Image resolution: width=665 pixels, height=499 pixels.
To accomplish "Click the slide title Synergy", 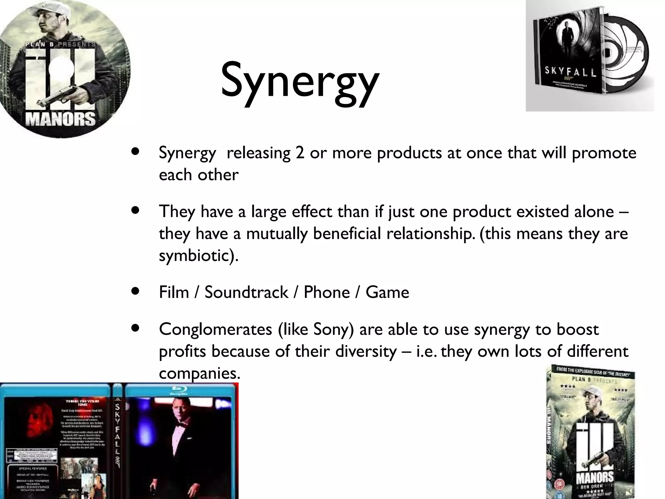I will click(299, 81).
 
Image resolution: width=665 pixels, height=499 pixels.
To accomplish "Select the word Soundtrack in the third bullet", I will click(246, 292).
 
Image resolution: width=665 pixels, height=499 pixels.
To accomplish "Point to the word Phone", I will click(326, 292).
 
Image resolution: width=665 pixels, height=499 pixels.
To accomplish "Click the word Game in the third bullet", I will click(387, 292).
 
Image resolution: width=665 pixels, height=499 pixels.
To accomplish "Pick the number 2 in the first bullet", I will click(300, 153).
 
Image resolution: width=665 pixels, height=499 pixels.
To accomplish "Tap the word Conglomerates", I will click(215, 329).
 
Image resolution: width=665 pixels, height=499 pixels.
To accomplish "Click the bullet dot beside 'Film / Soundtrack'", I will click(135, 291).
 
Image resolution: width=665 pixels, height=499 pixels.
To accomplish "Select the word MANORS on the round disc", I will click(60, 119).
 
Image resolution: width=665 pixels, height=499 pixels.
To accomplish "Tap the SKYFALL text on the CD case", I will click(570, 71).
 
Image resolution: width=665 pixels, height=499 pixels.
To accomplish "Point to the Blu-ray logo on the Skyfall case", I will click(180, 391).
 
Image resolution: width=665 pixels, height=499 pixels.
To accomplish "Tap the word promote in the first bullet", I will click(604, 153).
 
